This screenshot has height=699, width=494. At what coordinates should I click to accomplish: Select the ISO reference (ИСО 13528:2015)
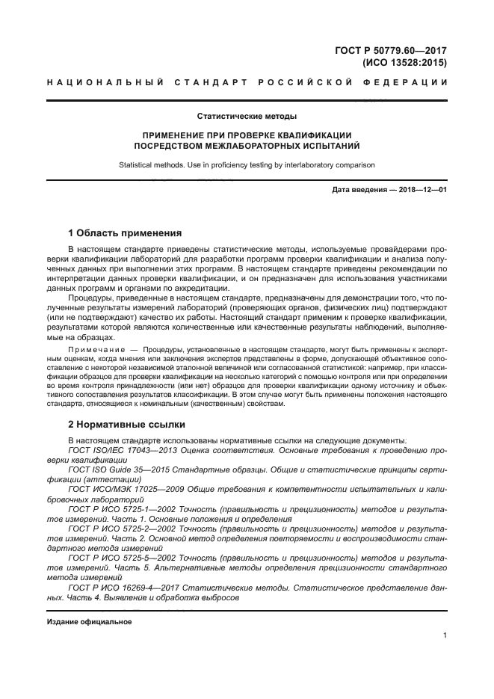(404, 63)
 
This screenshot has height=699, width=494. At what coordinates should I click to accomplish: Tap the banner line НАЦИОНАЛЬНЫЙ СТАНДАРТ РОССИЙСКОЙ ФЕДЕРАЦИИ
(247, 84)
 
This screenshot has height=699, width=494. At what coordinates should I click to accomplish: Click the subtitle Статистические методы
(247, 117)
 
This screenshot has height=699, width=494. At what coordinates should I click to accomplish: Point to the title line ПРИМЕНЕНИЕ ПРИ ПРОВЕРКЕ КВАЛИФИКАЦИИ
(247, 135)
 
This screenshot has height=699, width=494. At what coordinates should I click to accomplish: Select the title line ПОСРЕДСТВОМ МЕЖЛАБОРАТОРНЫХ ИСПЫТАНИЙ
(247, 147)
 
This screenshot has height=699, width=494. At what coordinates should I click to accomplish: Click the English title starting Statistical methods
(247, 164)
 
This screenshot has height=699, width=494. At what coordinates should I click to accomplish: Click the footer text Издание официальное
(89, 622)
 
